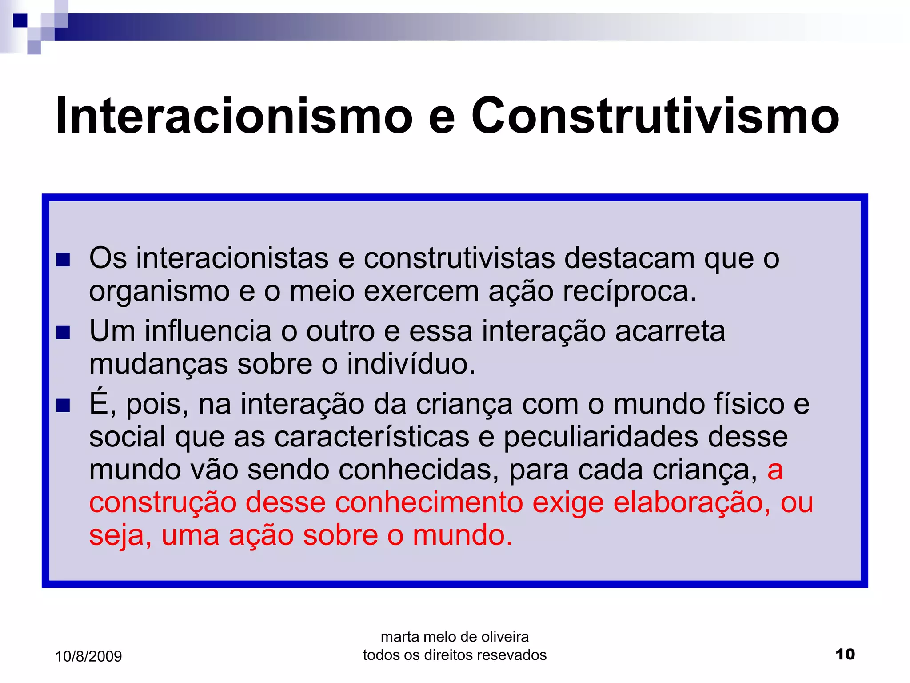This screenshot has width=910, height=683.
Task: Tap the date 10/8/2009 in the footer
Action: pos(88,656)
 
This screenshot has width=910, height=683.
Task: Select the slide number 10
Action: pos(845,654)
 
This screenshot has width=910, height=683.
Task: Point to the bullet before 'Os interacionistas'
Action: pos(63,260)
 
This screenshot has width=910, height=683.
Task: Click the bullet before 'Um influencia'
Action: pos(63,333)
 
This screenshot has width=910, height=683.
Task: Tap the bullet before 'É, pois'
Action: pos(63,405)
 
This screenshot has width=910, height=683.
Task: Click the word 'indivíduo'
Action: pos(411,364)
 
